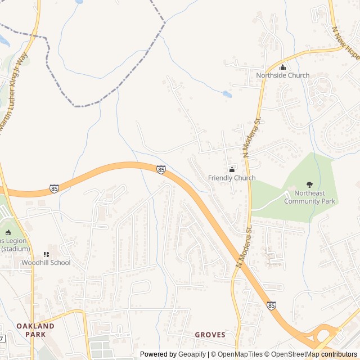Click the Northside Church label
coord(282,75)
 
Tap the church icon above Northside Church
coord(282,67)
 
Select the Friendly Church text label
coord(232,178)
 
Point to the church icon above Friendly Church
coord(232,169)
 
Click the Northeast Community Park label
coord(309,197)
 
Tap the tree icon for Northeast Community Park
coord(309,184)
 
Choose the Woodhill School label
coord(46,263)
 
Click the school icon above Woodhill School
coord(46,254)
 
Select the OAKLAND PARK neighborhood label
coord(35,330)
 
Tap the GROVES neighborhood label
coord(210,335)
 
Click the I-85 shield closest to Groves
coord(272,305)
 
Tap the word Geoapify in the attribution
coord(192,354)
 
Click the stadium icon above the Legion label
coord(8,232)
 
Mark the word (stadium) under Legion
coord(15,249)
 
